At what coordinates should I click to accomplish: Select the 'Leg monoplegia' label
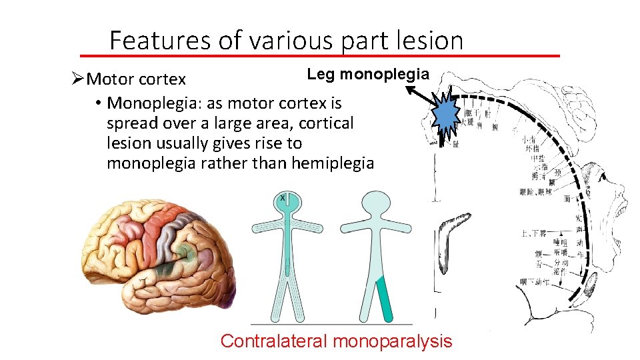click(x=368, y=75)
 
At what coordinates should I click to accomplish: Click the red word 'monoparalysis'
click(x=392, y=341)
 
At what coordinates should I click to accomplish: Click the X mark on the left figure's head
click(x=283, y=198)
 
